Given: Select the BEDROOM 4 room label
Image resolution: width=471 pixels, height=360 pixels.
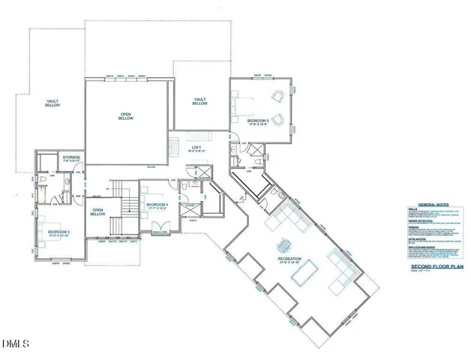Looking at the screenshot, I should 156,205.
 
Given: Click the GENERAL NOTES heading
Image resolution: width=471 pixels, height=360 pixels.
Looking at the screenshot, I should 433,203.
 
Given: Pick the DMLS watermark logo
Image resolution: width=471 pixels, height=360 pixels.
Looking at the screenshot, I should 15,344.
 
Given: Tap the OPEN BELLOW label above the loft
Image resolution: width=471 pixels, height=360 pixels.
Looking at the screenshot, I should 126,117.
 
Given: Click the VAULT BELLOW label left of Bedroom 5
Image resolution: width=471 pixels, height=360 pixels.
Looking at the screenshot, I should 199,101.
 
